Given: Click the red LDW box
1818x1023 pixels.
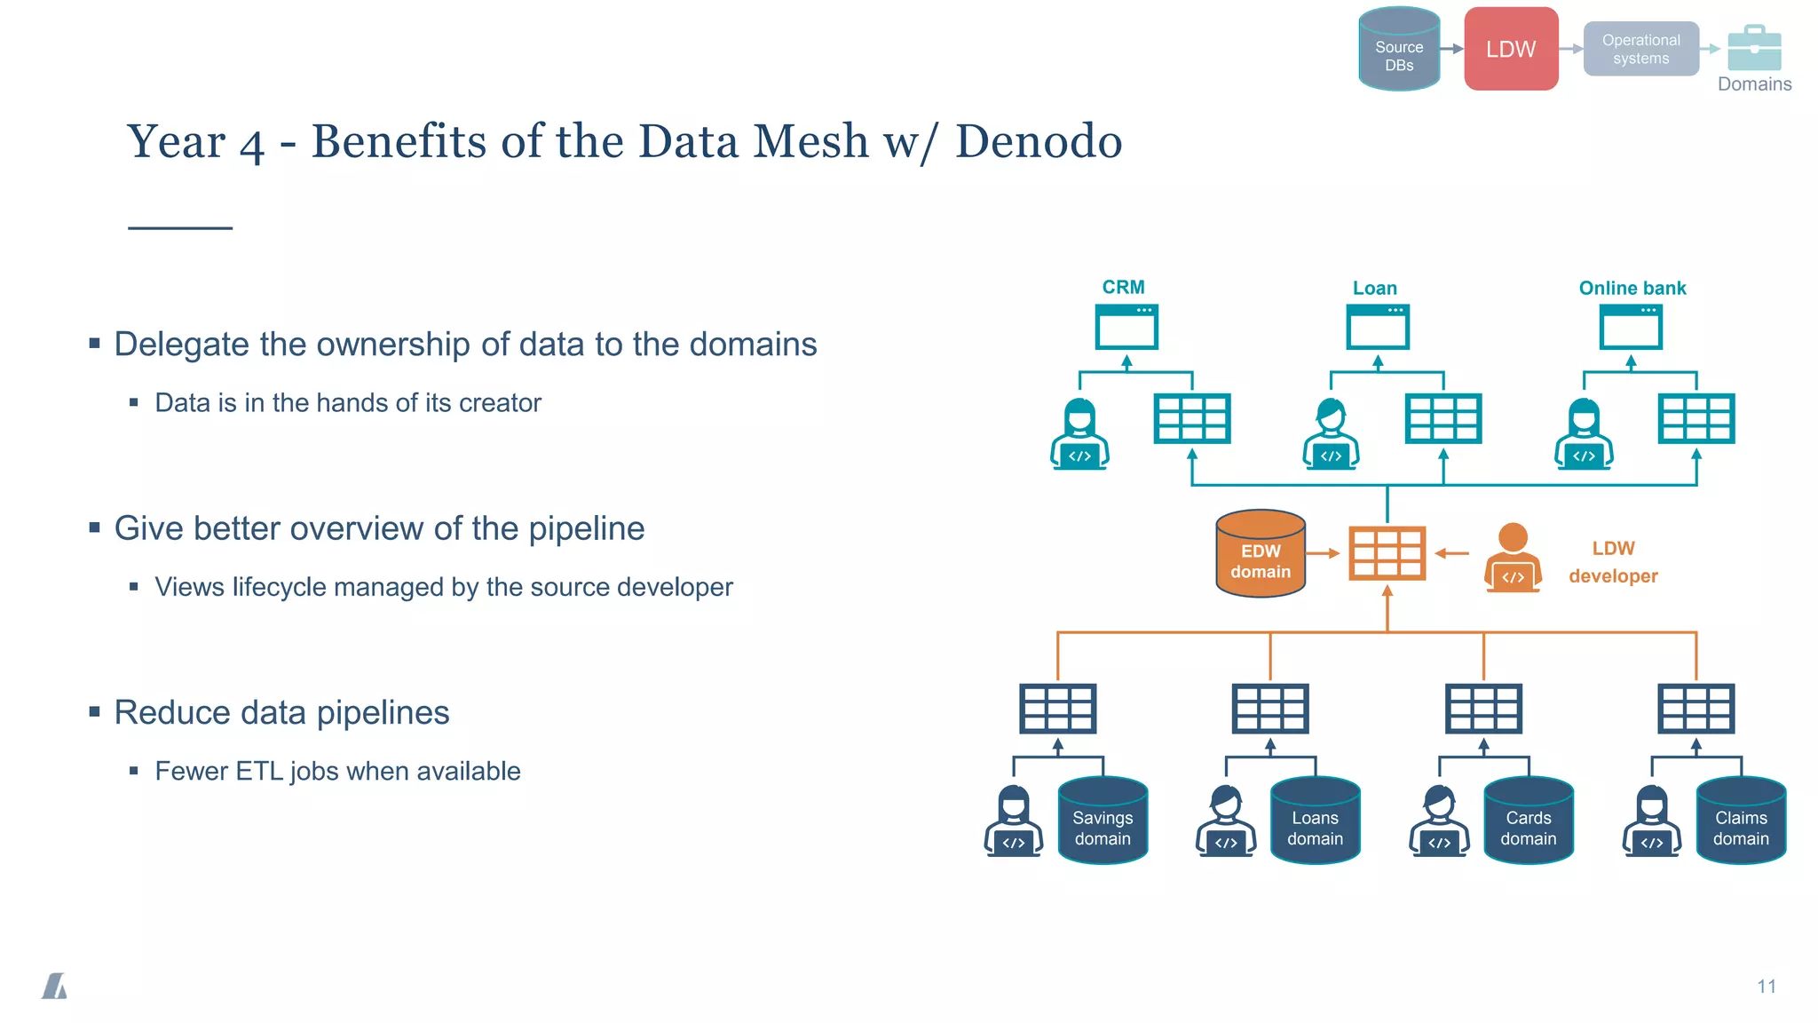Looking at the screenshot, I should coord(1511,49).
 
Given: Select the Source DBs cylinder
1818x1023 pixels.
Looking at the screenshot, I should coord(1399,51).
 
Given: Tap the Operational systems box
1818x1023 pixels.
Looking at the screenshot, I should coord(1640,49).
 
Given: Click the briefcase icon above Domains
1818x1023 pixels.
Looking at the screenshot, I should coord(1754,48).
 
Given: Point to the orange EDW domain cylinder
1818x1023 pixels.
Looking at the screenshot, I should coord(1261,554).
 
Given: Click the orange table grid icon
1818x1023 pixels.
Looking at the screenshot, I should coord(1387,553).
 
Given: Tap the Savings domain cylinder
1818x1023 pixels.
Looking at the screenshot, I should coord(1103,821).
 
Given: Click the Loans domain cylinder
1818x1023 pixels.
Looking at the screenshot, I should coord(1315,821).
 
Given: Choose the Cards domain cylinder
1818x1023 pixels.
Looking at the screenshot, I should coord(1528,821).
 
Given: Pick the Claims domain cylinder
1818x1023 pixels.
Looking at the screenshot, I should coord(1740,821).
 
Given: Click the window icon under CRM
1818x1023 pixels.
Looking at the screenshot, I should coord(1126,328).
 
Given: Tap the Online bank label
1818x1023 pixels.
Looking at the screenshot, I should coord(1632,288).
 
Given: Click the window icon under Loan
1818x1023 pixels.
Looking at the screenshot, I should coord(1378,328).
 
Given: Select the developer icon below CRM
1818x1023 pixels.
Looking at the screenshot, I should coord(1079,434).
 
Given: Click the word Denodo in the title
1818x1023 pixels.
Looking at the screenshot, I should coord(1038,141).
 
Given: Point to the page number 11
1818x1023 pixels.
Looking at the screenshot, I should coord(1766,987).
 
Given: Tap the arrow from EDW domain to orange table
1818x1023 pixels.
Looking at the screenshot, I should coord(1323,553).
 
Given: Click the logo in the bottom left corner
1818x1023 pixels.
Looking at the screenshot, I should coord(55,986).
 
